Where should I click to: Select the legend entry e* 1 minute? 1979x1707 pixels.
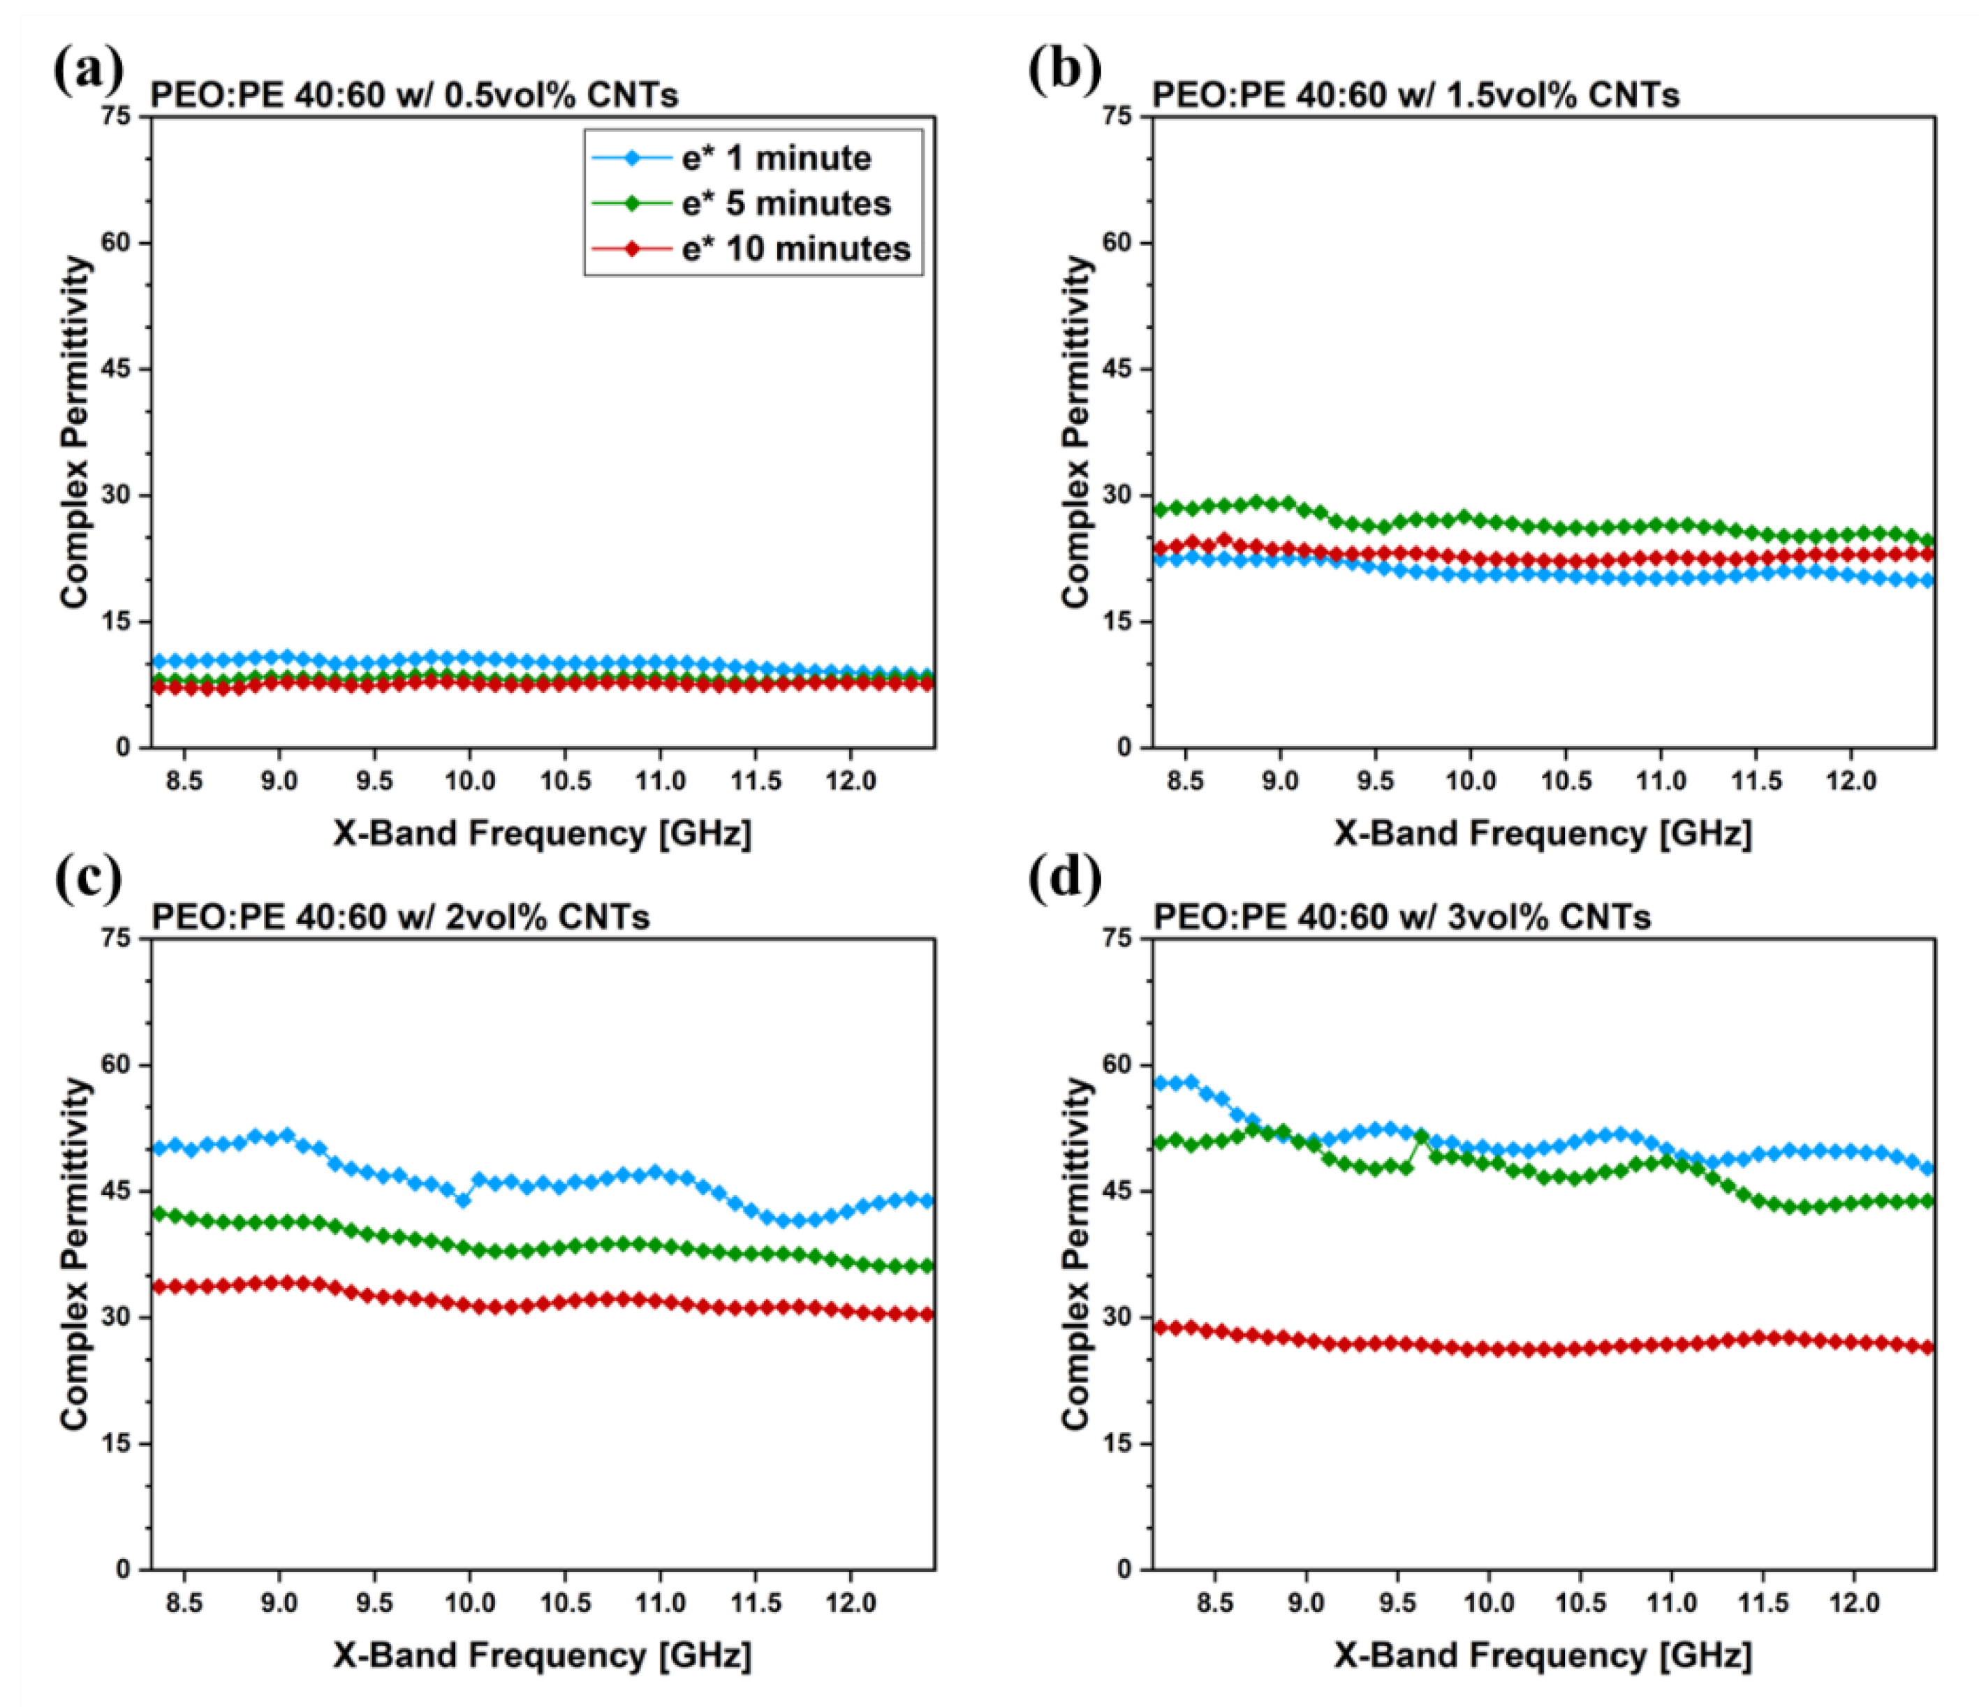coord(776,159)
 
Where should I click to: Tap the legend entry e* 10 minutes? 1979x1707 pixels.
coord(795,249)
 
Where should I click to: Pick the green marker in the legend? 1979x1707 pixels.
coord(631,203)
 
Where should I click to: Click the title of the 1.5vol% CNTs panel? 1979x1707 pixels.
coord(1415,96)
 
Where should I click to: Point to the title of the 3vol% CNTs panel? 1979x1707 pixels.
coord(1402,917)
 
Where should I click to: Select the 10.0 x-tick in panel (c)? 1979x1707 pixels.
coord(470,1603)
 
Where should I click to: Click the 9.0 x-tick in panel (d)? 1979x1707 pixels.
coord(1306,1603)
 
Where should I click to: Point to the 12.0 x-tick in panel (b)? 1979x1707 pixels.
coord(1851,782)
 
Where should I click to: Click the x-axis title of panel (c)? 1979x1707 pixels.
coord(543,1655)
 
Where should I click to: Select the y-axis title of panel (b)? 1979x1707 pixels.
coord(1076,432)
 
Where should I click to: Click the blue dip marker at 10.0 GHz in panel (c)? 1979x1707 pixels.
coord(462,1201)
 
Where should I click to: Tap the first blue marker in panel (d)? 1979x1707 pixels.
coord(1161,1083)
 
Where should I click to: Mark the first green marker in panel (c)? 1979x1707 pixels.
coord(159,1214)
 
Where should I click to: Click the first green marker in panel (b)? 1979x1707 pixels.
coord(1161,510)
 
